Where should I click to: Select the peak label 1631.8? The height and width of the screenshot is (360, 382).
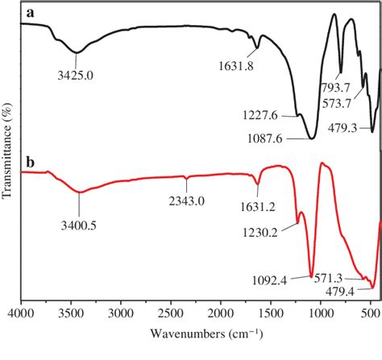pyautogui.click(x=236, y=66)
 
